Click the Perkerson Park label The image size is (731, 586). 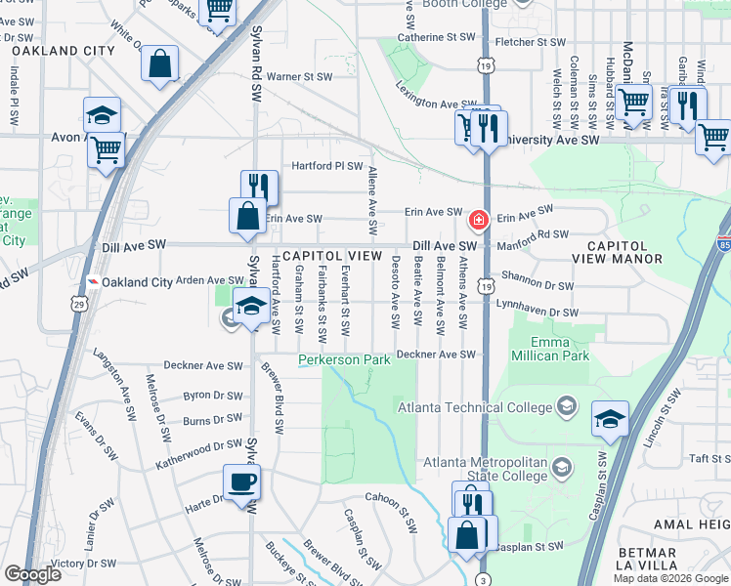pyautogui.click(x=345, y=360)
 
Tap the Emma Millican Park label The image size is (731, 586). pyautogui.click(x=549, y=349)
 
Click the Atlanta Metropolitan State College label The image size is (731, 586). pyautogui.click(x=488, y=469)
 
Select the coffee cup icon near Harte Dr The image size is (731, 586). pyautogui.click(x=241, y=481)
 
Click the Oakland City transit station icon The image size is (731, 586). pyautogui.click(x=92, y=281)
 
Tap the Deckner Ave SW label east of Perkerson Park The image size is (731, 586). pyautogui.click(x=434, y=354)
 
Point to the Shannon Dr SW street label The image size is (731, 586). pyautogui.click(x=537, y=285)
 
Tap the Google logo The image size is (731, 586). pyautogui.click(x=33, y=574)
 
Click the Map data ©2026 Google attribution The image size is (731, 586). pyautogui.click(x=669, y=578)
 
